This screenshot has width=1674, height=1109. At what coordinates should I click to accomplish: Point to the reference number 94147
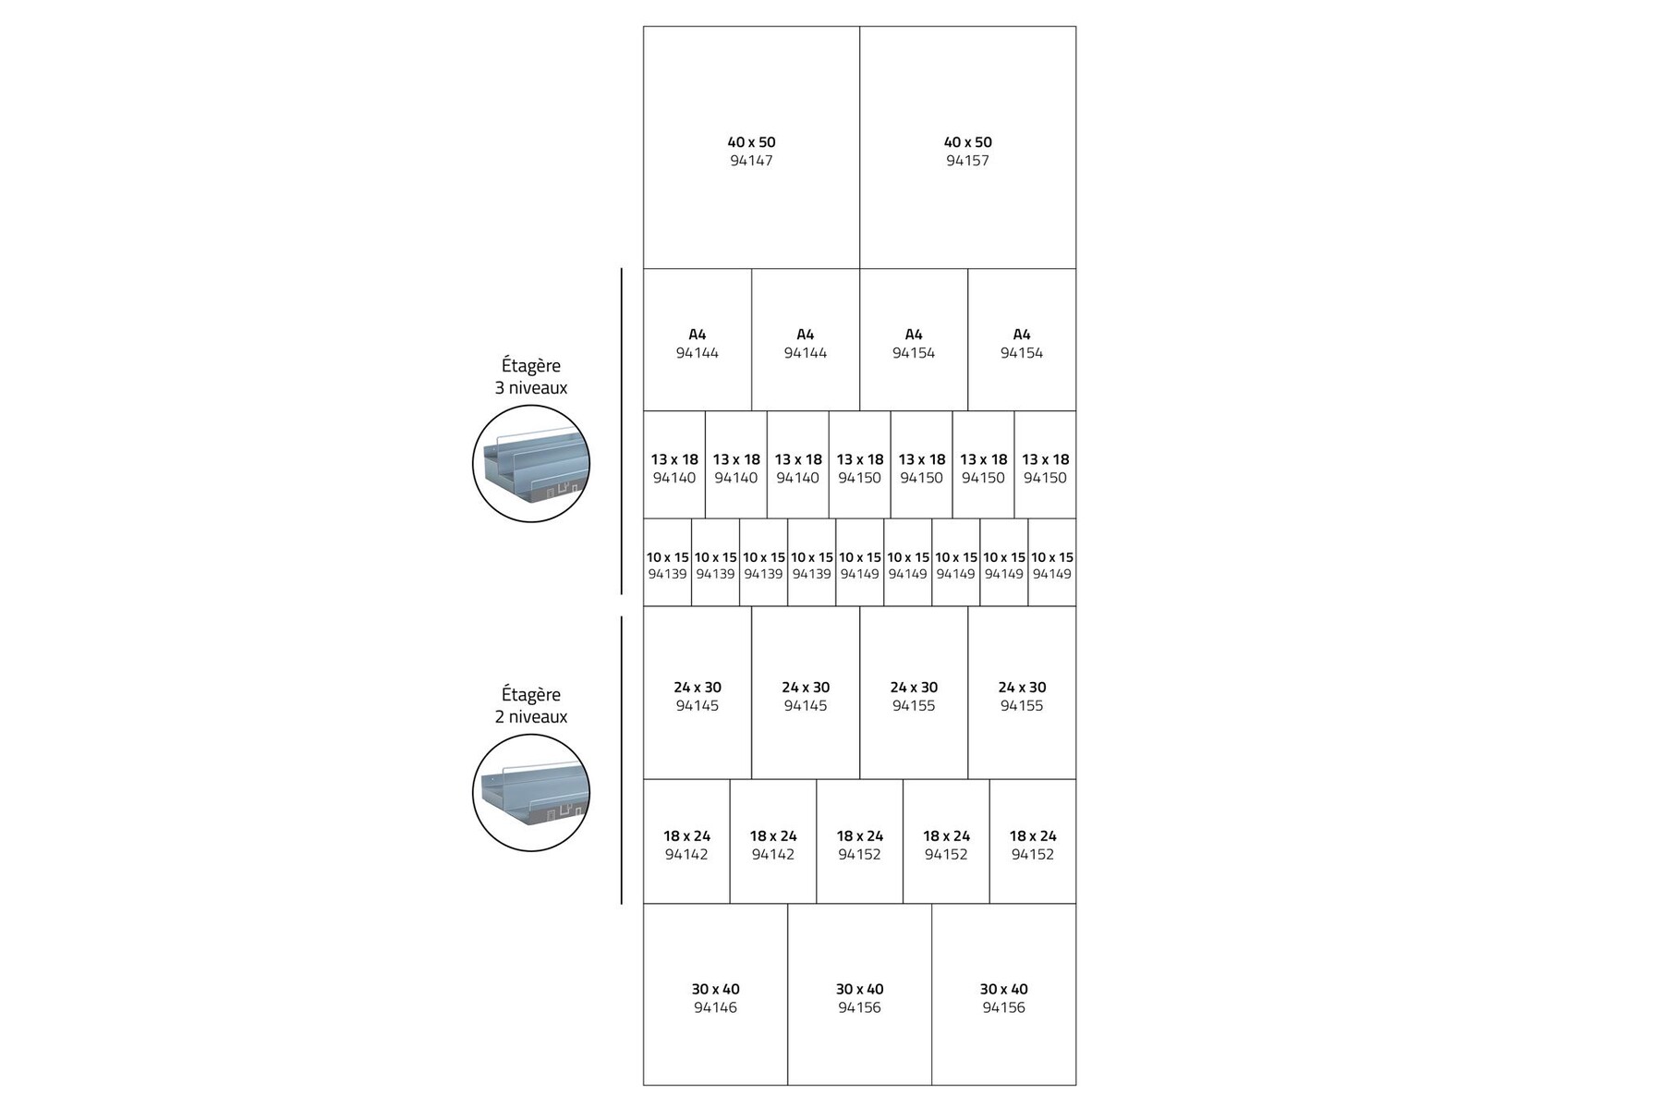751,161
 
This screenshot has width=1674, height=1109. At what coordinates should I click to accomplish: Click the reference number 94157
967,161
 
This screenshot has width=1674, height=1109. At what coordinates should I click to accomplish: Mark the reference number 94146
715,1007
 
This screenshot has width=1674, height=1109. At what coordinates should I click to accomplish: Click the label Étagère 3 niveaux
531,377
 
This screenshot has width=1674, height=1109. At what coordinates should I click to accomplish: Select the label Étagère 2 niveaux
531,705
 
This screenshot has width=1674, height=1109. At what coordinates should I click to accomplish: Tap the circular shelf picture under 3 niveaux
531,464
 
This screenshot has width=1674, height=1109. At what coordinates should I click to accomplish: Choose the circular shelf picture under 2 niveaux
531,792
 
